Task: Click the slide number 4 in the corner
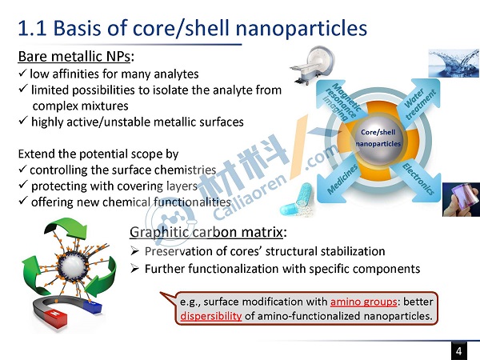pyautogui.click(x=458, y=351)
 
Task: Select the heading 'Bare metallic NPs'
pyautogui.click(x=74, y=57)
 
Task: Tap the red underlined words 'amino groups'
pyautogui.click(x=363, y=302)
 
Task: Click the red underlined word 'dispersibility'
pyautogui.click(x=211, y=316)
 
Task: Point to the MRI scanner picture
pyautogui.click(x=313, y=65)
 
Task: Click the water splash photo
pyautogui.click(x=454, y=63)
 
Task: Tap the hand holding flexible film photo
pyautogui.click(x=461, y=199)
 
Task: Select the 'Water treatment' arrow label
pyautogui.click(x=420, y=103)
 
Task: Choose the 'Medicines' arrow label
pyautogui.click(x=342, y=178)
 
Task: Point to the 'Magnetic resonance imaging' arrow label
pyautogui.click(x=341, y=102)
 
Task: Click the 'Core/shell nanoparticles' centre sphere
pyautogui.click(x=378, y=138)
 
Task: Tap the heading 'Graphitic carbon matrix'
pyautogui.click(x=206, y=232)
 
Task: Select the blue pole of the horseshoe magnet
pyautogui.click(x=92, y=306)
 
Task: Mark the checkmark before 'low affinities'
pyautogui.click(x=22, y=73)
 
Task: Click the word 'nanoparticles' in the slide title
pyautogui.click(x=302, y=28)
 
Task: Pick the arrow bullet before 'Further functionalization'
pyautogui.click(x=134, y=269)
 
